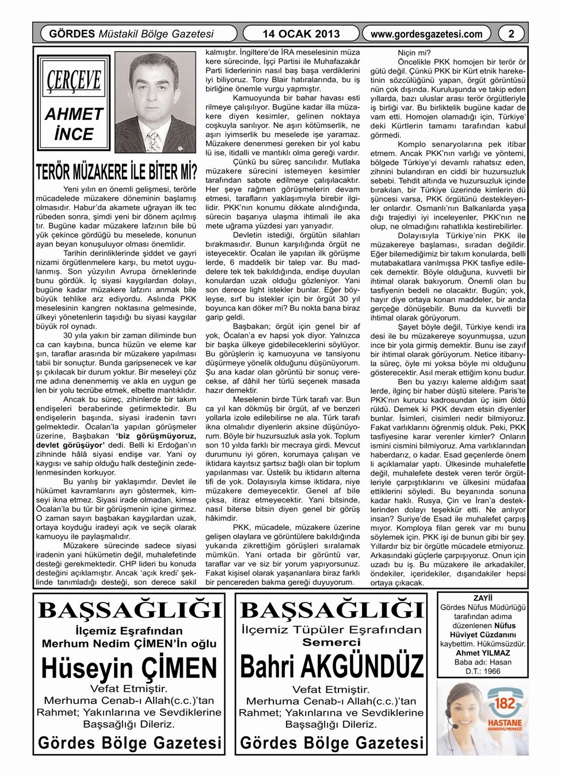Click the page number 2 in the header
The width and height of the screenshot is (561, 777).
[511, 34]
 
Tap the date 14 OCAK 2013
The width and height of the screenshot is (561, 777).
[300, 34]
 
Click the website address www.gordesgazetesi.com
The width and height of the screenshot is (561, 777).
[426, 34]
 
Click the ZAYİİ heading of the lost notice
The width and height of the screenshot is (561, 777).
[483, 598]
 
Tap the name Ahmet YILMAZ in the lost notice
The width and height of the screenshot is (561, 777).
[483, 653]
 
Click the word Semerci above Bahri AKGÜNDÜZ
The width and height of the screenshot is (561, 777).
[331, 642]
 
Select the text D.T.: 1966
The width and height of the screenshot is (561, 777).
[483, 671]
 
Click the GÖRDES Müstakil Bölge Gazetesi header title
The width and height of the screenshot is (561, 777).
[132, 34]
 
